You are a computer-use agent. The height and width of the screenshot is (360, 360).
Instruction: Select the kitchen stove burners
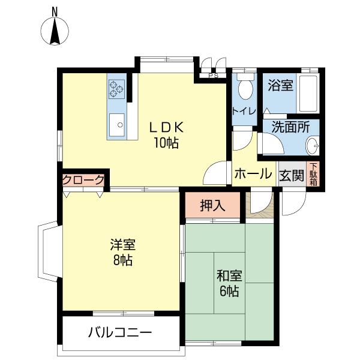click(x=116, y=89)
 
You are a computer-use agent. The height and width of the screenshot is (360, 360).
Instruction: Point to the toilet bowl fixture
click(x=245, y=89)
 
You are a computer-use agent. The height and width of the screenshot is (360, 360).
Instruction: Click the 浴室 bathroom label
click(x=281, y=85)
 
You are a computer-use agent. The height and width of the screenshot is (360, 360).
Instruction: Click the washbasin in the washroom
click(x=312, y=146)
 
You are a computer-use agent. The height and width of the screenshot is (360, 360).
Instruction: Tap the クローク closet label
click(x=83, y=180)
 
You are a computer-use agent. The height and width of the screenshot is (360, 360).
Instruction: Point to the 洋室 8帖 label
click(x=122, y=252)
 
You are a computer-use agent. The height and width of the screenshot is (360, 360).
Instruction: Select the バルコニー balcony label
click(x=119, y=332)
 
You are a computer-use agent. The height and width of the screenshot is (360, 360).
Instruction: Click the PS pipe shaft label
click(x=213, y=76)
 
